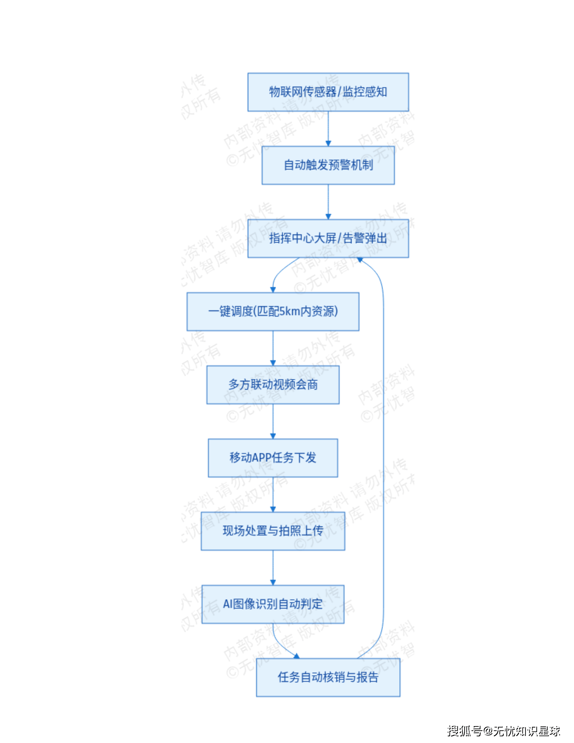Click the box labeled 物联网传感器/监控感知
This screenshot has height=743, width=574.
pos(328,92)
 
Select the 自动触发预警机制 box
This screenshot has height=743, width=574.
pos(328,165)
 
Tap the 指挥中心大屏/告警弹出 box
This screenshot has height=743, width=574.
pos(328,239)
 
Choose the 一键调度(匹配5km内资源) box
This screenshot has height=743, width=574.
pos(273,312)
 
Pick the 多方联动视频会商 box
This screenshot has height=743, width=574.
pos(273,385)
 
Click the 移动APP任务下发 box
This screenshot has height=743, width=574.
pos(273,458)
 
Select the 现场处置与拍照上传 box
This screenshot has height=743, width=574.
pos(273,531)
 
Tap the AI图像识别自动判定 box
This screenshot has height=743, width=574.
pos(273,604)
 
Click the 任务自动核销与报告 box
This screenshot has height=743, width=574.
pos(328,678)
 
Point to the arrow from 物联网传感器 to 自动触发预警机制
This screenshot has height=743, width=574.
pos(328,128)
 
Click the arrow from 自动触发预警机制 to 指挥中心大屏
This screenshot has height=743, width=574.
pos(328,202)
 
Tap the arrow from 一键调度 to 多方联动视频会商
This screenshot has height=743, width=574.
pos(273,348)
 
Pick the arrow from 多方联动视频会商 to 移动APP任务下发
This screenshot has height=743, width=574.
pos(273,421)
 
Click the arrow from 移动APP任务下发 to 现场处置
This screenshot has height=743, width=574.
pos(273,494)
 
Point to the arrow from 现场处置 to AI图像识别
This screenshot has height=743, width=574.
pos(273,567)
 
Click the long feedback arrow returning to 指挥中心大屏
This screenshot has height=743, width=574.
pos(383,457)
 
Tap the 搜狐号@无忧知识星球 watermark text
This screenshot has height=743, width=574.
pos(503,731)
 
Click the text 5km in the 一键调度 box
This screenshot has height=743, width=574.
pos(289,312)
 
